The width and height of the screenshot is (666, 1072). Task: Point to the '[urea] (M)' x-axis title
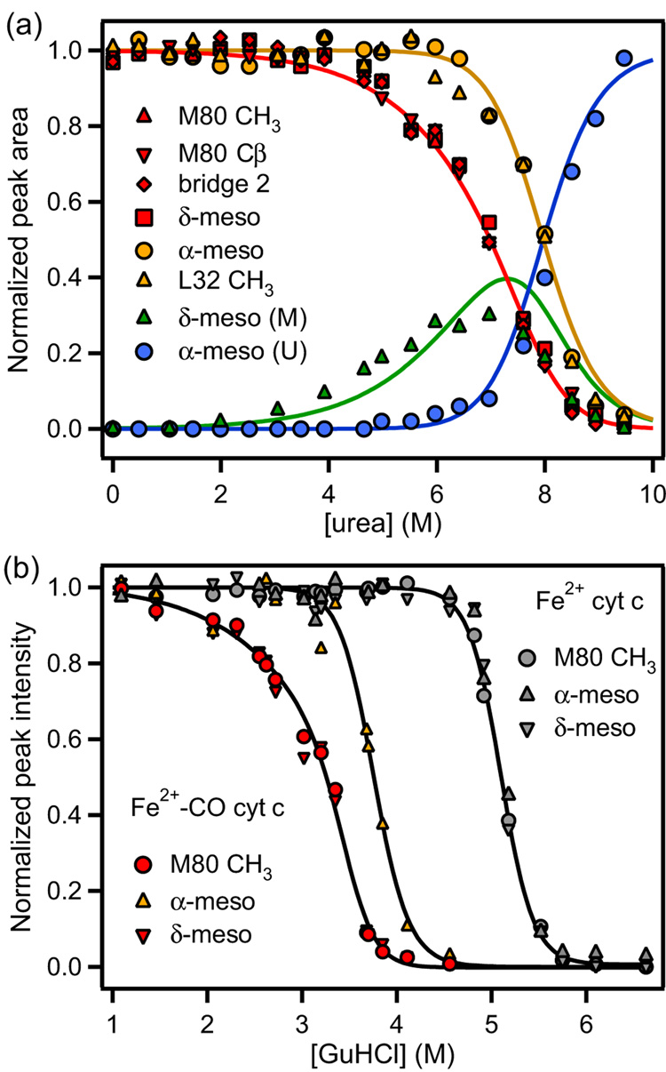tap(382, 500)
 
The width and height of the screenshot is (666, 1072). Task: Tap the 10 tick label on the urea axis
tap(652, 468)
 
